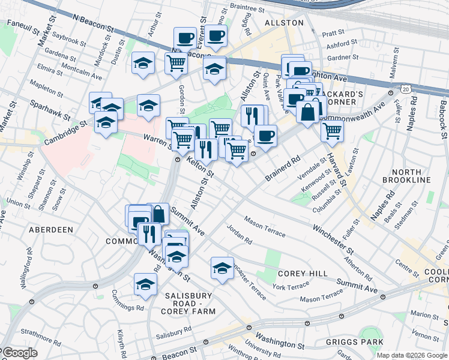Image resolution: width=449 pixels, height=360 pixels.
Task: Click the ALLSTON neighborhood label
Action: tap(285, 22)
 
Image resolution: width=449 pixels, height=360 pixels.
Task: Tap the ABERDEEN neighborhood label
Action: tap(50, 230)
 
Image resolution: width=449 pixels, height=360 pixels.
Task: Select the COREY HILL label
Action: tap(303, 274)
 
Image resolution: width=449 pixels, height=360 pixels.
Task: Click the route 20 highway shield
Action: tap(406, 89)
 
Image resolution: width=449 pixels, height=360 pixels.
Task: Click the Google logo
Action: tap(19, 352)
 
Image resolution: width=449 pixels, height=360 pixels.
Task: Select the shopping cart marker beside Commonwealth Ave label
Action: tap(332, 130)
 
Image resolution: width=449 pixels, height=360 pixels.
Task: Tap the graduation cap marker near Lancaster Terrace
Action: tap(222, 268)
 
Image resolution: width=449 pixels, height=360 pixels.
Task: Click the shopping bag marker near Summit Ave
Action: tap(158, 214)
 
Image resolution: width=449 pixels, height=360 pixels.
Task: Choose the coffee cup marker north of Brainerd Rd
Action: tap(265, 136)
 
